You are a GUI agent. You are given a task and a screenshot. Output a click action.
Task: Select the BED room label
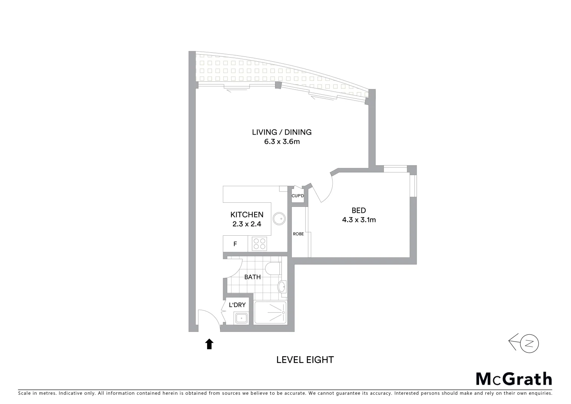pyautogui.click(x=358, y=211)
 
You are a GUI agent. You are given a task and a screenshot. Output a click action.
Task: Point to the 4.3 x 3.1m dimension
pyautogui.click(x=359, y=220)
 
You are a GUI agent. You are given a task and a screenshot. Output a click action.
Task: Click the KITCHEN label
pyautogui.click(x=247, y=215)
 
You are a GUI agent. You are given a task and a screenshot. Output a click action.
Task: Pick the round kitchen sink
pyautogui.click(x=278, y=218)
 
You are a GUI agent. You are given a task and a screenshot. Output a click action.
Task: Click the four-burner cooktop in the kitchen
pyautogui.click(x=259, y=244)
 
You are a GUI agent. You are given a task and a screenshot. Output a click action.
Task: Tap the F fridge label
pyautogui.click(x=235, y=244)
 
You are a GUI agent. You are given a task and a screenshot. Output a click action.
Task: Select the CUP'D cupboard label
pyautogui.click(x=298, y=196)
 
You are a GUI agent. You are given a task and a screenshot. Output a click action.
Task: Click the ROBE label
pyautogui.click(x=298, y=234)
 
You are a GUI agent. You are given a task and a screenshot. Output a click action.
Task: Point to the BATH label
pyautogui.click(x=252, y=277)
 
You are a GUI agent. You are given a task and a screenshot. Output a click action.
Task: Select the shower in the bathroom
pyautogui.click(x=270, y=313)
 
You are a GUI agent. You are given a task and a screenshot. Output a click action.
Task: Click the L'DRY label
pyautogui.click(x=237, y=305)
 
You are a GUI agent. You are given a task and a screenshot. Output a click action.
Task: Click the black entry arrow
pyautogui.click(x=209, y=344)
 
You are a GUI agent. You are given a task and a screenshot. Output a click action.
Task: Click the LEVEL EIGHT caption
pyautogui.click(x=305, y=360)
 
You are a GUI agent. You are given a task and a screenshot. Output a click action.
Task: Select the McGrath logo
pyautogui.click(x=514, y=379)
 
